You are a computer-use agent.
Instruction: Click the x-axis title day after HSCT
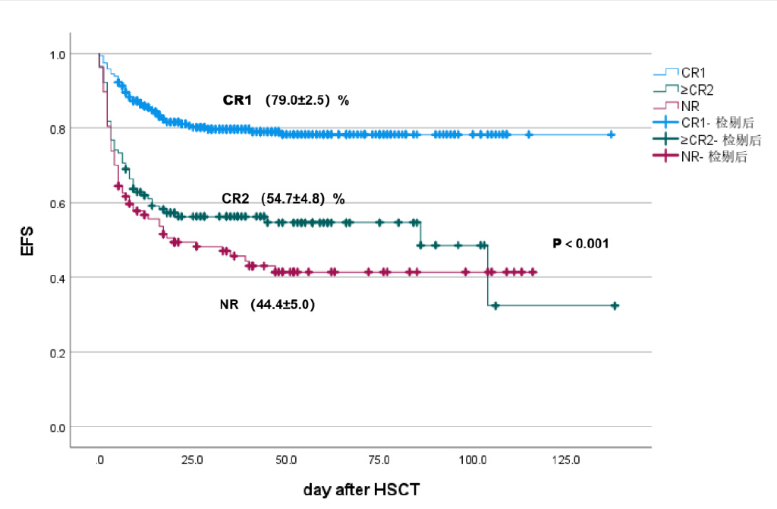[x=361, y=490]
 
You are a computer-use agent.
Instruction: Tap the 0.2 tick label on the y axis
[x=58, y=353]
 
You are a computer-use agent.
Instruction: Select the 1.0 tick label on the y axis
[x=58, y=55]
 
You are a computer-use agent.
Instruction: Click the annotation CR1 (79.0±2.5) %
[x=285, y=100]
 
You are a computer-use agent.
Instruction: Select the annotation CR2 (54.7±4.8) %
[x=283, y=198]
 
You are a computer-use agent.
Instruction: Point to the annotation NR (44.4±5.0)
[x=267, y=305]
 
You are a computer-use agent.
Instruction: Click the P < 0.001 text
[x=581, y=244]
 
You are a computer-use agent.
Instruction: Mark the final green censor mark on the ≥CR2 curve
[x=615, y=305]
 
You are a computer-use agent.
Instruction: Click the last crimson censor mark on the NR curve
[x=533, y=272]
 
